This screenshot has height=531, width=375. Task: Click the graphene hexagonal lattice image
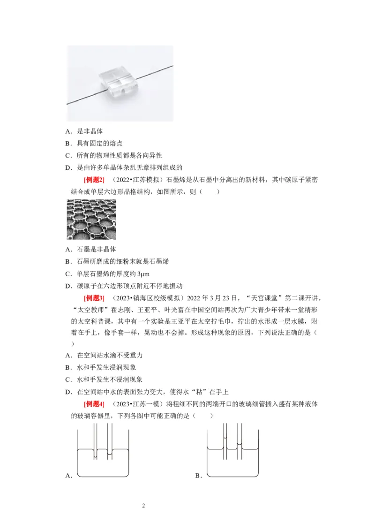(91, 220)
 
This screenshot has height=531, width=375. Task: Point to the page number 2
(144, 505)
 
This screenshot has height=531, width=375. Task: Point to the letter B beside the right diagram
(198, 476)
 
